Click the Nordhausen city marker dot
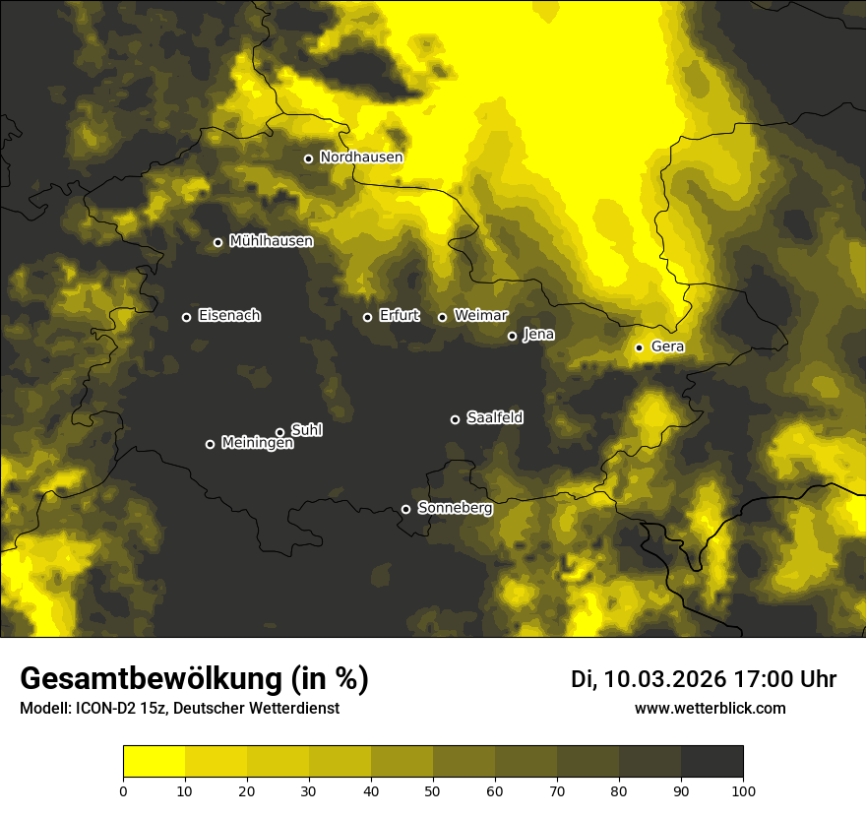tap(308, 158)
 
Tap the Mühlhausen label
tap(271, 241)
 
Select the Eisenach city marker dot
tap(186, 317)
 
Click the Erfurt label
tap(399, 316)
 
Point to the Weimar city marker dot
tap(442, 317)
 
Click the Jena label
tap(538, 335)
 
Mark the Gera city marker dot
tap(639, 347)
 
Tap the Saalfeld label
tap(494, 418)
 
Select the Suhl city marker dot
tap(279, 432)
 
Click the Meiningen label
tap(257, 444)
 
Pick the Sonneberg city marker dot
tap(405, 510)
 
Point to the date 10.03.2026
tap(664, 679)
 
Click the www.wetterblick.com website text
tap(710, 709)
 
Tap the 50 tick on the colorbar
tap(433, 789)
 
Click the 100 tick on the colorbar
tap(742, 789)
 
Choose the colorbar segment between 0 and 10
tap(154, 762)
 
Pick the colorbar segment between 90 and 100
tap(711, 762)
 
